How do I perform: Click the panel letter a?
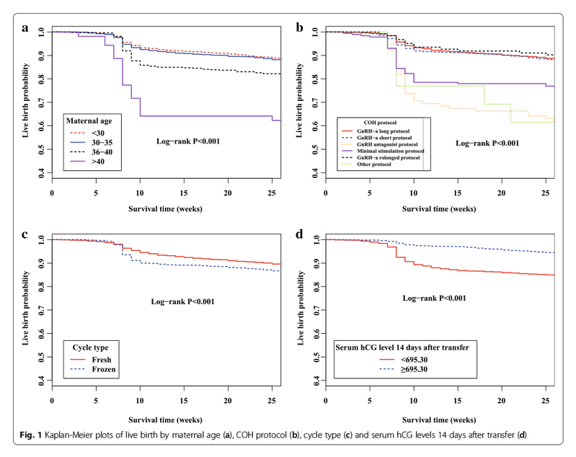pyautogui.click(x=25, y=29)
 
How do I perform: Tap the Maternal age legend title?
pyautogui.click(x=94, y=120)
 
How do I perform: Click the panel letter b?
pyautogui.click(x=299, y=29)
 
